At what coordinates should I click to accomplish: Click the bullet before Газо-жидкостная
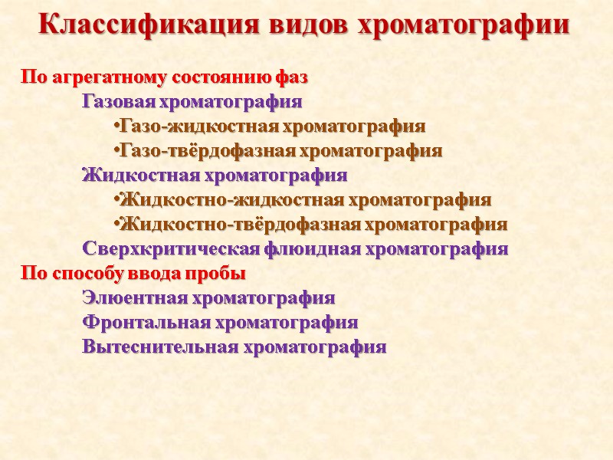coord(114,126)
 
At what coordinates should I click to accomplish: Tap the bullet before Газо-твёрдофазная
coord(114,150)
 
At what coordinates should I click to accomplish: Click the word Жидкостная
coord(134,175)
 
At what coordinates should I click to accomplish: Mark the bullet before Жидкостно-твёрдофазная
coord(114,224)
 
